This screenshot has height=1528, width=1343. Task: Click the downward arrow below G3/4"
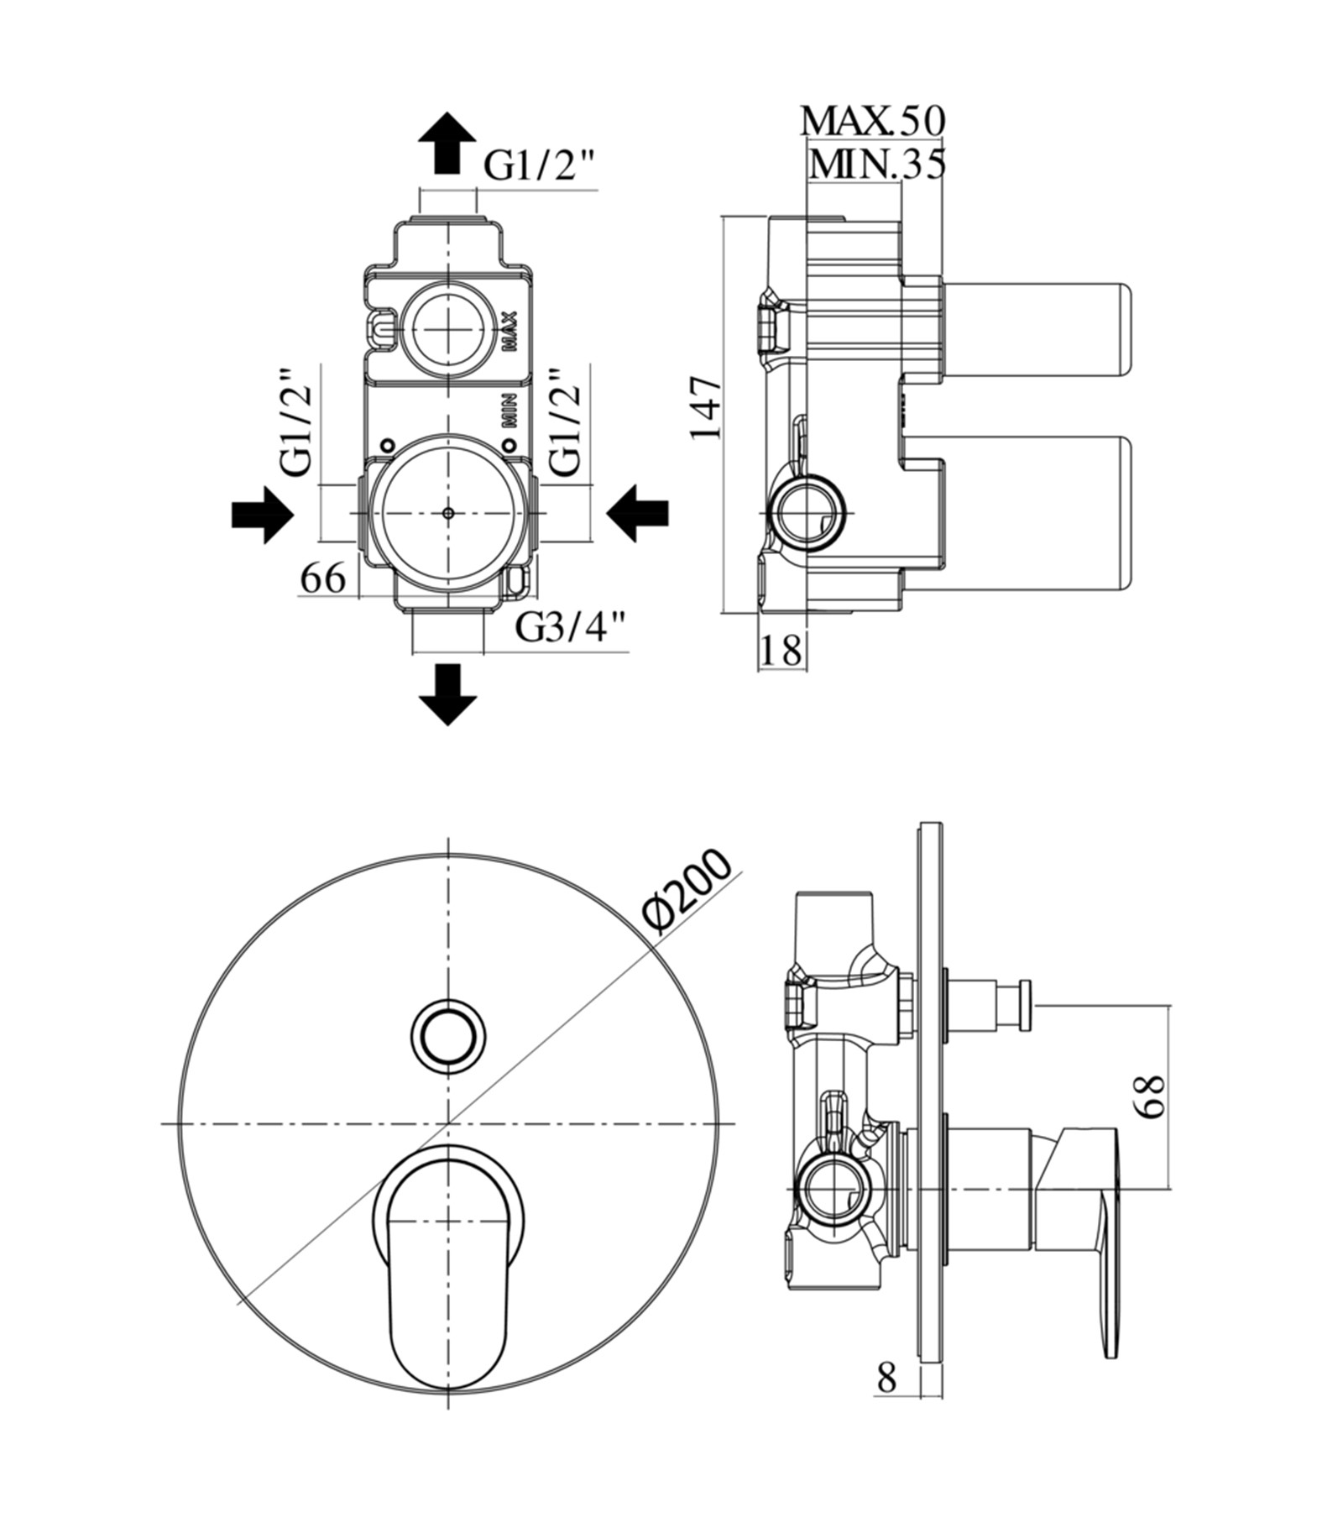(448, 694)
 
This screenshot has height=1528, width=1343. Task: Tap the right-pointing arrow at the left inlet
(263, 513)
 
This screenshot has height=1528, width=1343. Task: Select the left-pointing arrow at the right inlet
(638, 513)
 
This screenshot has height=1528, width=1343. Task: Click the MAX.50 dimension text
(873, 120)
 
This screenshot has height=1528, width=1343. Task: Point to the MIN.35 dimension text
(877, 164)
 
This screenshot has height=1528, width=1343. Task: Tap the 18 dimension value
(781, 650)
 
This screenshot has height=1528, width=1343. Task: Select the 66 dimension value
(323, 578)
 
